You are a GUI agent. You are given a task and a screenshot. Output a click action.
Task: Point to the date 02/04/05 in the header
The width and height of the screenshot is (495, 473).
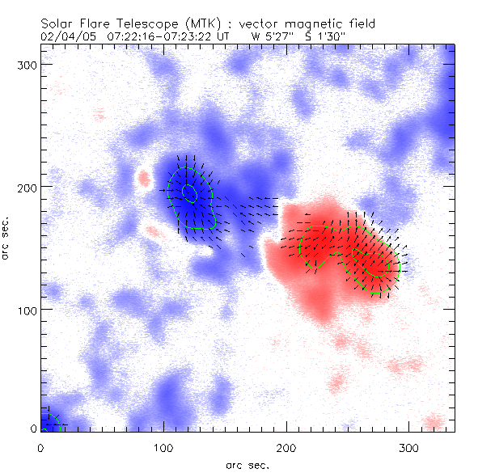66,36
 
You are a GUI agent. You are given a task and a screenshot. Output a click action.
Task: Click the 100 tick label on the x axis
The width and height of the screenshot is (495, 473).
163,447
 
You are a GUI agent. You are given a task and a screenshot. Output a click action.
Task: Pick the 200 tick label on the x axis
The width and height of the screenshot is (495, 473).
286,447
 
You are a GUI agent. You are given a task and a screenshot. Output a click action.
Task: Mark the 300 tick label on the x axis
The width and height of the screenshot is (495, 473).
409,447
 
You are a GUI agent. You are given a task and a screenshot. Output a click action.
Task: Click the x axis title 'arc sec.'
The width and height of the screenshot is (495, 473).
247,465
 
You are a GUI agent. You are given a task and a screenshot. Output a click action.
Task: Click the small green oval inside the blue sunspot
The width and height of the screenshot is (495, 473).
189,192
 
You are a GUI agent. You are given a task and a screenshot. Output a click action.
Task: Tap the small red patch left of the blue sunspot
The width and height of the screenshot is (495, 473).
145,177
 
